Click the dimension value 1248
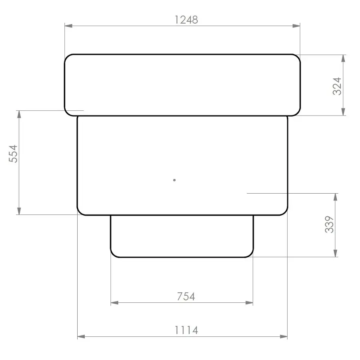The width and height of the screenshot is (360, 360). (186, 20)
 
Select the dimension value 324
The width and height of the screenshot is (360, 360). (337, 85)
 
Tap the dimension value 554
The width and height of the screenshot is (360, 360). (14, 154)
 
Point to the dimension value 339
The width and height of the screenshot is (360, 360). (329, 225)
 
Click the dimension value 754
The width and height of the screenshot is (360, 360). (186, 296)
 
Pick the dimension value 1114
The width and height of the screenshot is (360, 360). (186, 330)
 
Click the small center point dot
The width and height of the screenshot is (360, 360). (174, 180)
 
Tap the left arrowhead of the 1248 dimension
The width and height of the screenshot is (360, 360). (68, 26)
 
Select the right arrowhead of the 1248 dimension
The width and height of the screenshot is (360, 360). (296, 26)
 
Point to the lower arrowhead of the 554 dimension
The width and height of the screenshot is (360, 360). (19, 211)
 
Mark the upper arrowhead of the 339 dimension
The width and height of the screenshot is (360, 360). (336, 197)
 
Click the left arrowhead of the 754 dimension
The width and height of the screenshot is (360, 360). (114, 303)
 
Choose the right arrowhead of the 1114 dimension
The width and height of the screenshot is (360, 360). (284, 337)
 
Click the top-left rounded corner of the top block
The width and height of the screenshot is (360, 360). (67, 57)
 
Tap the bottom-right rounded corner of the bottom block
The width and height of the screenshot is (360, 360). (251, 254)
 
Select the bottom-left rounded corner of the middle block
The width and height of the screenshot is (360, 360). (80, 212)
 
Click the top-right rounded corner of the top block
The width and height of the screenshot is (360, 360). (297, 57)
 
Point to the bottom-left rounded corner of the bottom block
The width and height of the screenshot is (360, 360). (113, 254)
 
